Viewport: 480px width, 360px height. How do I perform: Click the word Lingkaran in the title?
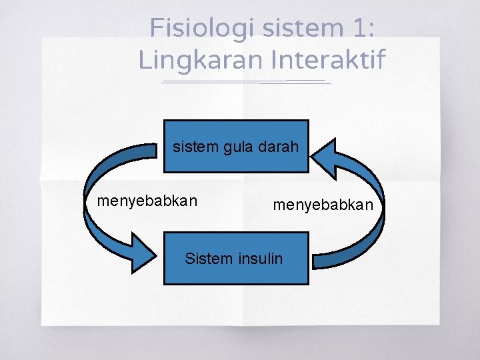201,60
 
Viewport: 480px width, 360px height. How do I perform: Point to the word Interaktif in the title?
328,60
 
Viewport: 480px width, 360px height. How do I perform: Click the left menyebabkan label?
147,200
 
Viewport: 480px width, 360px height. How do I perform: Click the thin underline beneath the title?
245,82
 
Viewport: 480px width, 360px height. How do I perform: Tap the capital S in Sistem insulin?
189,258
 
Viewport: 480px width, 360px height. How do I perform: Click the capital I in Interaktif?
275,60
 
